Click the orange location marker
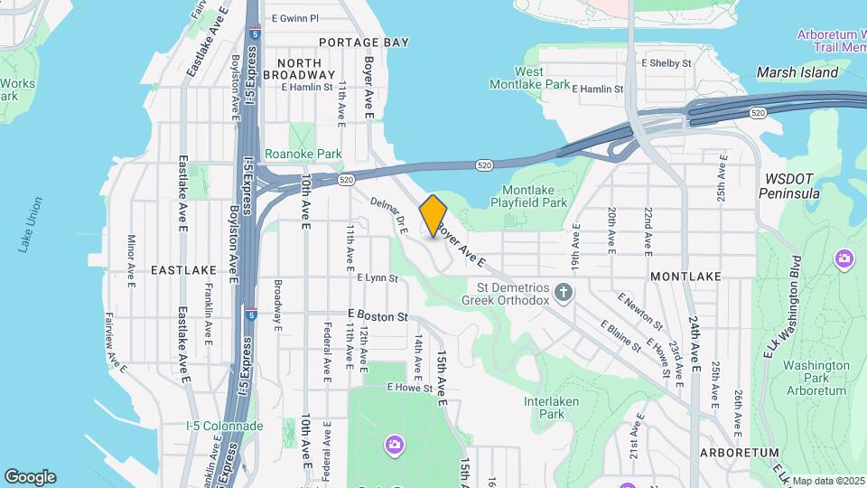click(433, 216)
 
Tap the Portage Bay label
click(364, 42)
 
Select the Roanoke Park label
click(303, 155)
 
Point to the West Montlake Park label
click(529, 78)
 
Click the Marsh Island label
click(797, 72)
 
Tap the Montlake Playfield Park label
click(535, 196)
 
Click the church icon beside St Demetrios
click(564, 292)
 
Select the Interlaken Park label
click(551, 408)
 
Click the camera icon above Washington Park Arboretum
click(844, 259)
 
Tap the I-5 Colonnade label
click(224, 426)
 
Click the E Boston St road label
click(378, 316)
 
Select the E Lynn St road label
click(378, 278)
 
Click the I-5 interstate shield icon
click(251, 316)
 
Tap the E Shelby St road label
click(666, 63)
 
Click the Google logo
click(30, 477)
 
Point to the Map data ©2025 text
click(828, 481)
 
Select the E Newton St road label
click(640, 311)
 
